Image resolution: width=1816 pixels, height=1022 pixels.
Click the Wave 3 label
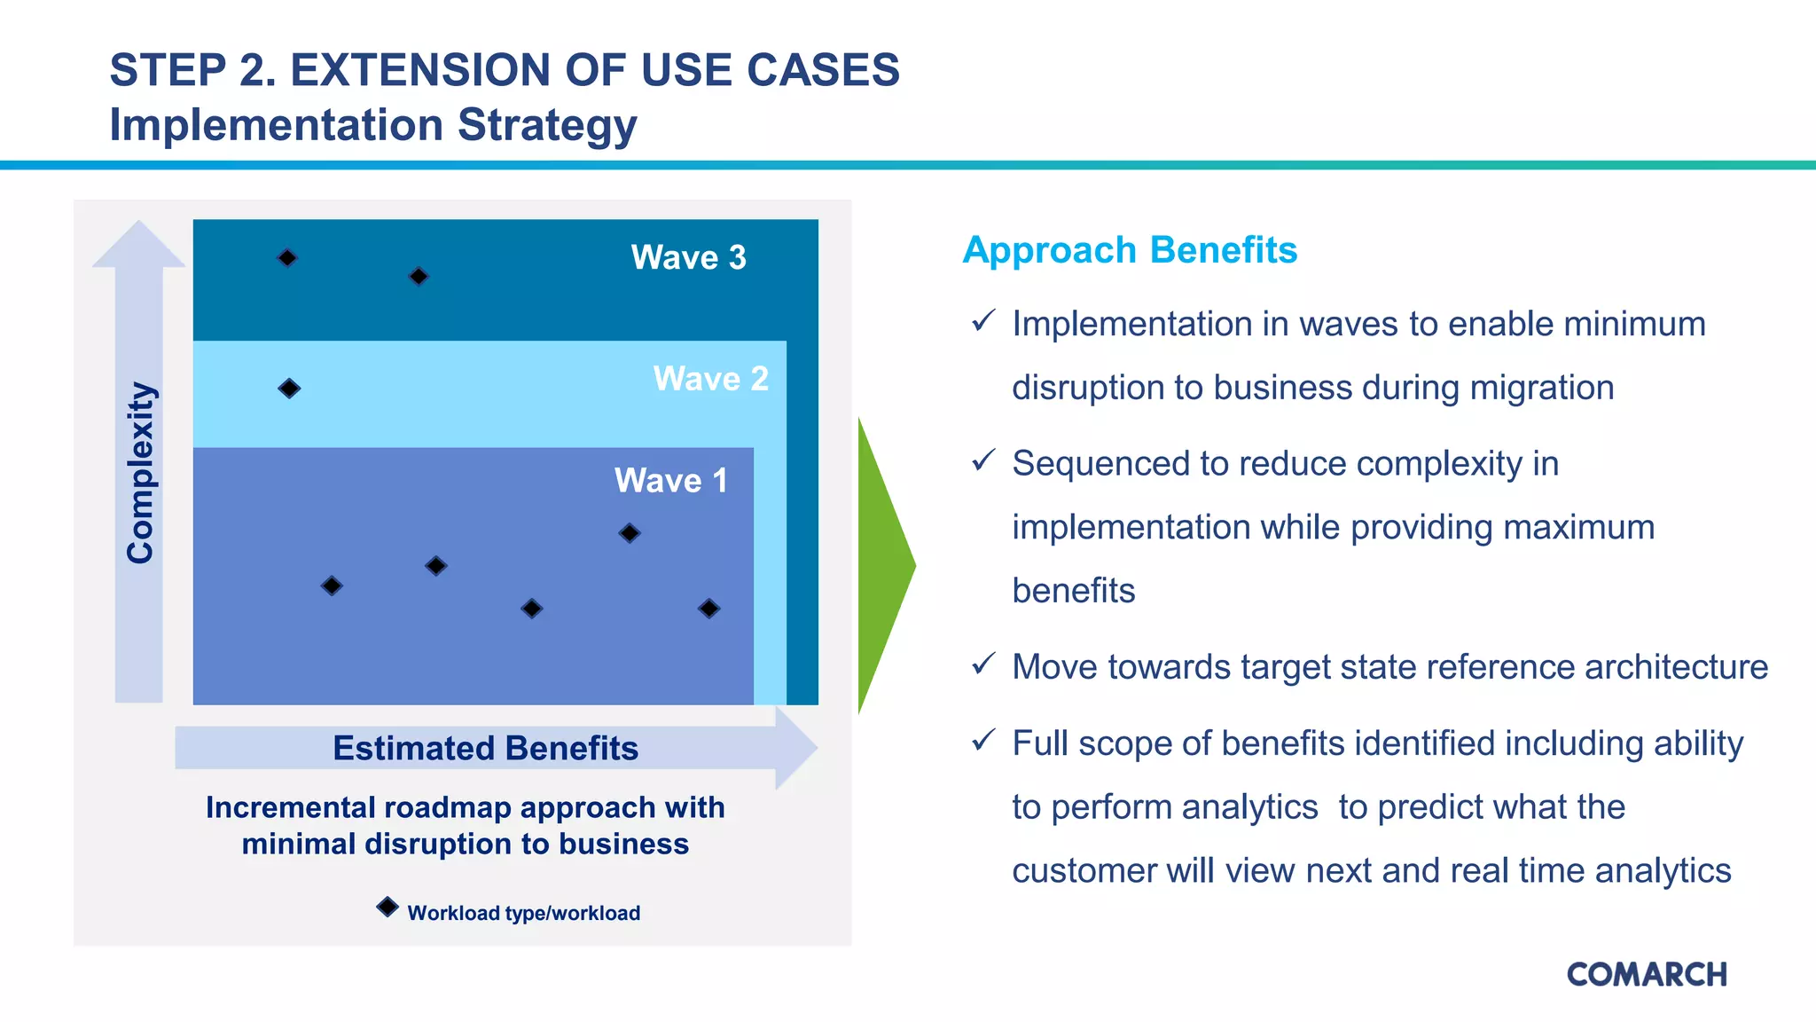click(x=688, y=257)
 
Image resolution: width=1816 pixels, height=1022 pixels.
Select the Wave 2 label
click(x=710, y=379)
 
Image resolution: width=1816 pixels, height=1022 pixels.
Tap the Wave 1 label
click(x=670, y=481)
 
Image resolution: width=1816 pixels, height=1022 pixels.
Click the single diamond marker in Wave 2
click(x=289, y=389)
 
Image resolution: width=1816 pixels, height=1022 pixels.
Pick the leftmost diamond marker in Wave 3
click(x=286, y=258)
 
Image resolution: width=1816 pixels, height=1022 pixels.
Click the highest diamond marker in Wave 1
click(x=630, y=533)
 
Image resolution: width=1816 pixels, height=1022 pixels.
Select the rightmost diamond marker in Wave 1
click(x=708, y=609)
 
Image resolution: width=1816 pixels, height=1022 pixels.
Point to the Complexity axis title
click(x=140, y=473)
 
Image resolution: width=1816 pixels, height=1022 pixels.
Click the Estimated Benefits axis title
click(x=485, y=748)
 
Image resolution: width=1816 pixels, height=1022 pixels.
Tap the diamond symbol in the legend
click(x=387, y=907)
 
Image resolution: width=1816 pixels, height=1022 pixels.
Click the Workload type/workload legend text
click(x=523, y=913)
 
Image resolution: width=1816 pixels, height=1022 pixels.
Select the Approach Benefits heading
click(x=1130, y=250)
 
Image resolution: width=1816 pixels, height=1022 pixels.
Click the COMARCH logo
click(x=1647, y=974)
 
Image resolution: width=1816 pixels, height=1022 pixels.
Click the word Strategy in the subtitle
click(x=547, y=125)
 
